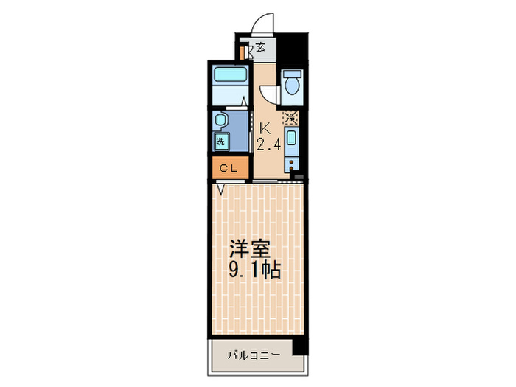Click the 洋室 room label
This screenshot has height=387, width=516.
[x=248, y=248]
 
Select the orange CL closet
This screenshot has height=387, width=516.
[x=228, y=168]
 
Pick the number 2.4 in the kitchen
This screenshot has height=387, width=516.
[x=268, y=144]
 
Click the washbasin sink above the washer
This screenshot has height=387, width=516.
[x=220, y=120]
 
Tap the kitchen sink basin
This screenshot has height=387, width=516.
[x=292, y=140]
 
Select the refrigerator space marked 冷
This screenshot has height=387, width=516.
[x=292, y=116]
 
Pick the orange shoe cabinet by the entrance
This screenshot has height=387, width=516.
[x=243, y=53]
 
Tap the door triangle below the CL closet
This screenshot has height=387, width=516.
[x=220, y=189]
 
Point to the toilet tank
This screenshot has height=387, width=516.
[x=292, y=74]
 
